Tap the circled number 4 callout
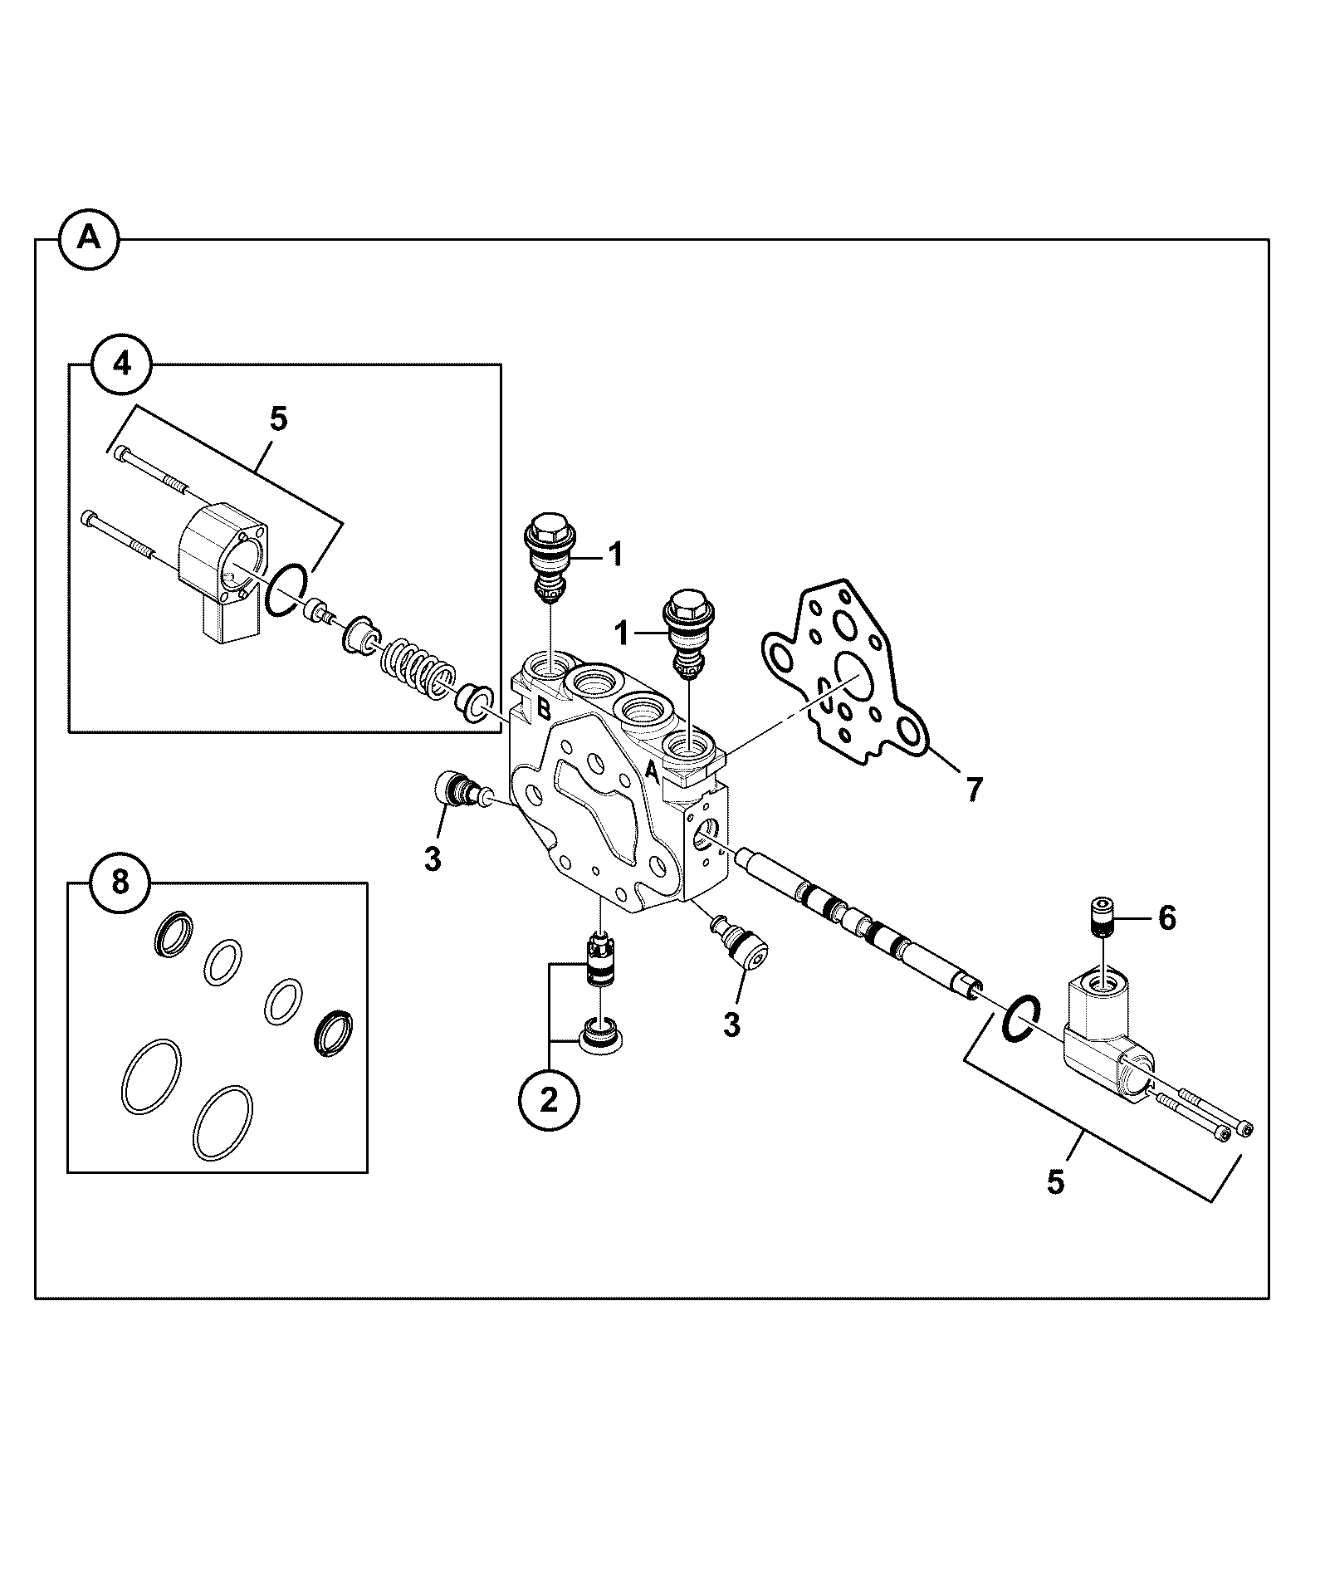tap(122, 364)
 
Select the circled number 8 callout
tap(120, 882)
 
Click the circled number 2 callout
tap(549, 1100)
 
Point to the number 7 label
tap(972, 789)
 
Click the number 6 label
tap(1166, 918)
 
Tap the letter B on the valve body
tap(543, 708)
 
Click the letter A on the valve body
tap(653, 774)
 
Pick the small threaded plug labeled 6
tap(1102, 918)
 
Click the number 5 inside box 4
tap(279, 419)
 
